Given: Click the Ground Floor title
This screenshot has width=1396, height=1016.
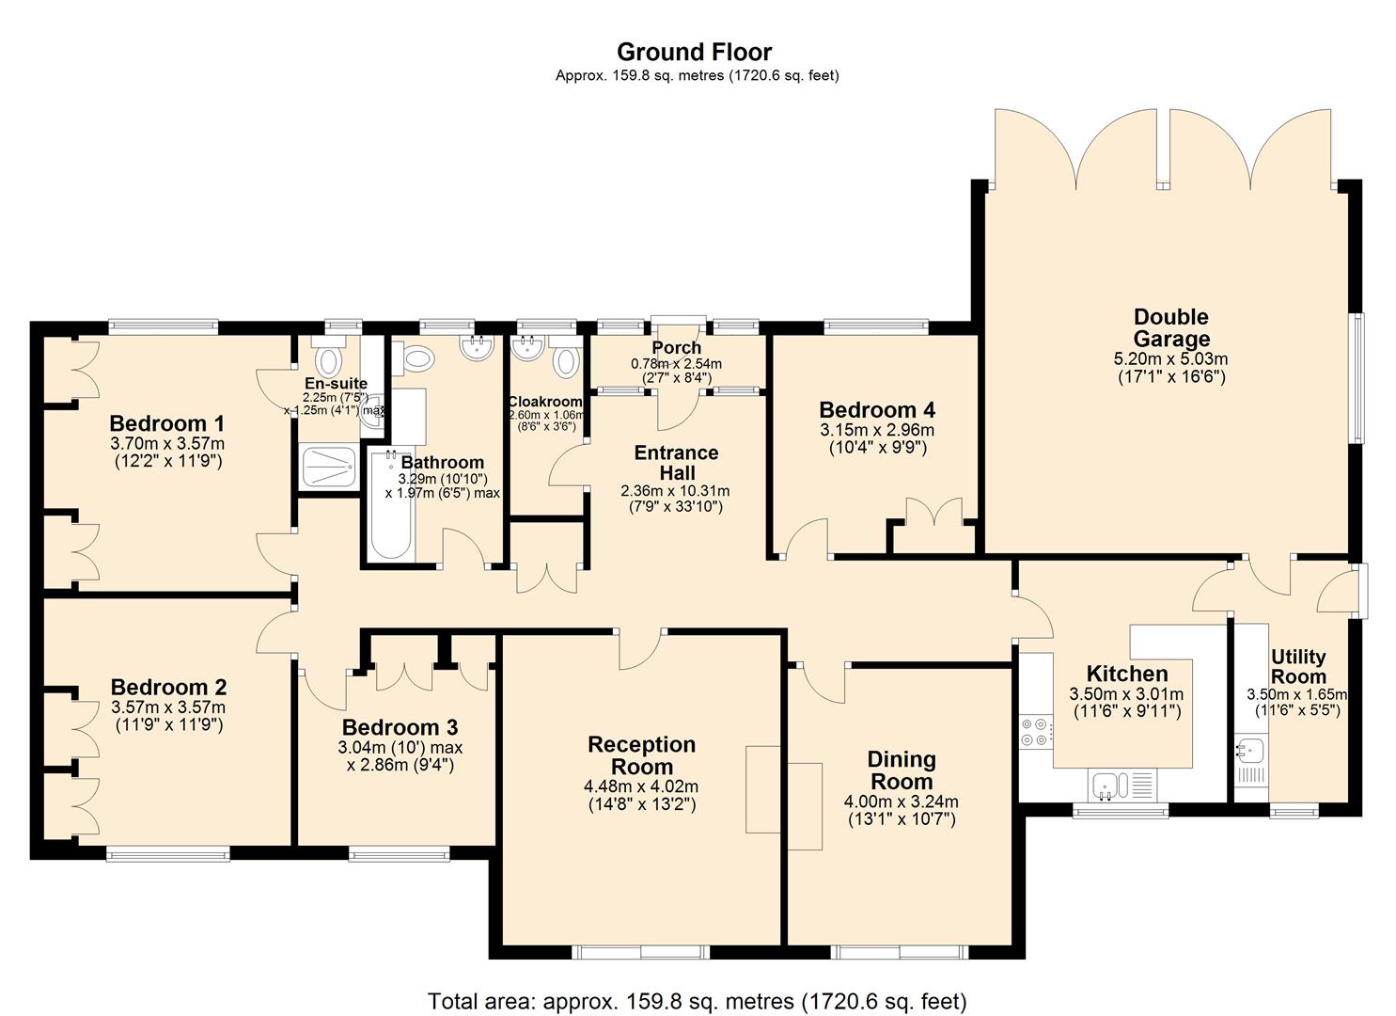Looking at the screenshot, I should [694, 52].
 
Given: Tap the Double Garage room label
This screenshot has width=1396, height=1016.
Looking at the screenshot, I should [1170, 328].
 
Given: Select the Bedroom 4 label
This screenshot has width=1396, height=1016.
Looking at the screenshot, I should [877, 410].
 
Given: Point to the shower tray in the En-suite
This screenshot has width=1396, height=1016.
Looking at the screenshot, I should [329, 468].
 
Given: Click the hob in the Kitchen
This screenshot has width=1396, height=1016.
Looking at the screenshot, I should [1035, 732].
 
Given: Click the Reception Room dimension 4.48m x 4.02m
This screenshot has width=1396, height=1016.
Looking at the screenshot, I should [641, 786].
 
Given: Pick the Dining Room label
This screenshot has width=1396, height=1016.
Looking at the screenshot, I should [901, 770].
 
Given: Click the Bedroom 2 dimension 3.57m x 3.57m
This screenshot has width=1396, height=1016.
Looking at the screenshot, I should [168, 707].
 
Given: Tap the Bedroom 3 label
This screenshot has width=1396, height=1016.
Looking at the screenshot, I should [400, 727].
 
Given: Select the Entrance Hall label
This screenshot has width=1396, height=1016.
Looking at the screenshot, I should [676, 462].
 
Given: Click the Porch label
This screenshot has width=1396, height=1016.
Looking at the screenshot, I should [676, 348].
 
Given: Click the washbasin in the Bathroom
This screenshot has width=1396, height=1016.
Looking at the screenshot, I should [478, 349].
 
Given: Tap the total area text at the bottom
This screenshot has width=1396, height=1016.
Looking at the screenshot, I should [697, 1001].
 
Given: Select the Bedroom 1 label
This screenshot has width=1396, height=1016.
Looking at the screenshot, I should [167, 423].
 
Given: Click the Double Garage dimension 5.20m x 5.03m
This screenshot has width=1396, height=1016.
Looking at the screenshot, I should [1170, 358].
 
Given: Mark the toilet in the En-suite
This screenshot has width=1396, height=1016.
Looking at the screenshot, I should [328, 358].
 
